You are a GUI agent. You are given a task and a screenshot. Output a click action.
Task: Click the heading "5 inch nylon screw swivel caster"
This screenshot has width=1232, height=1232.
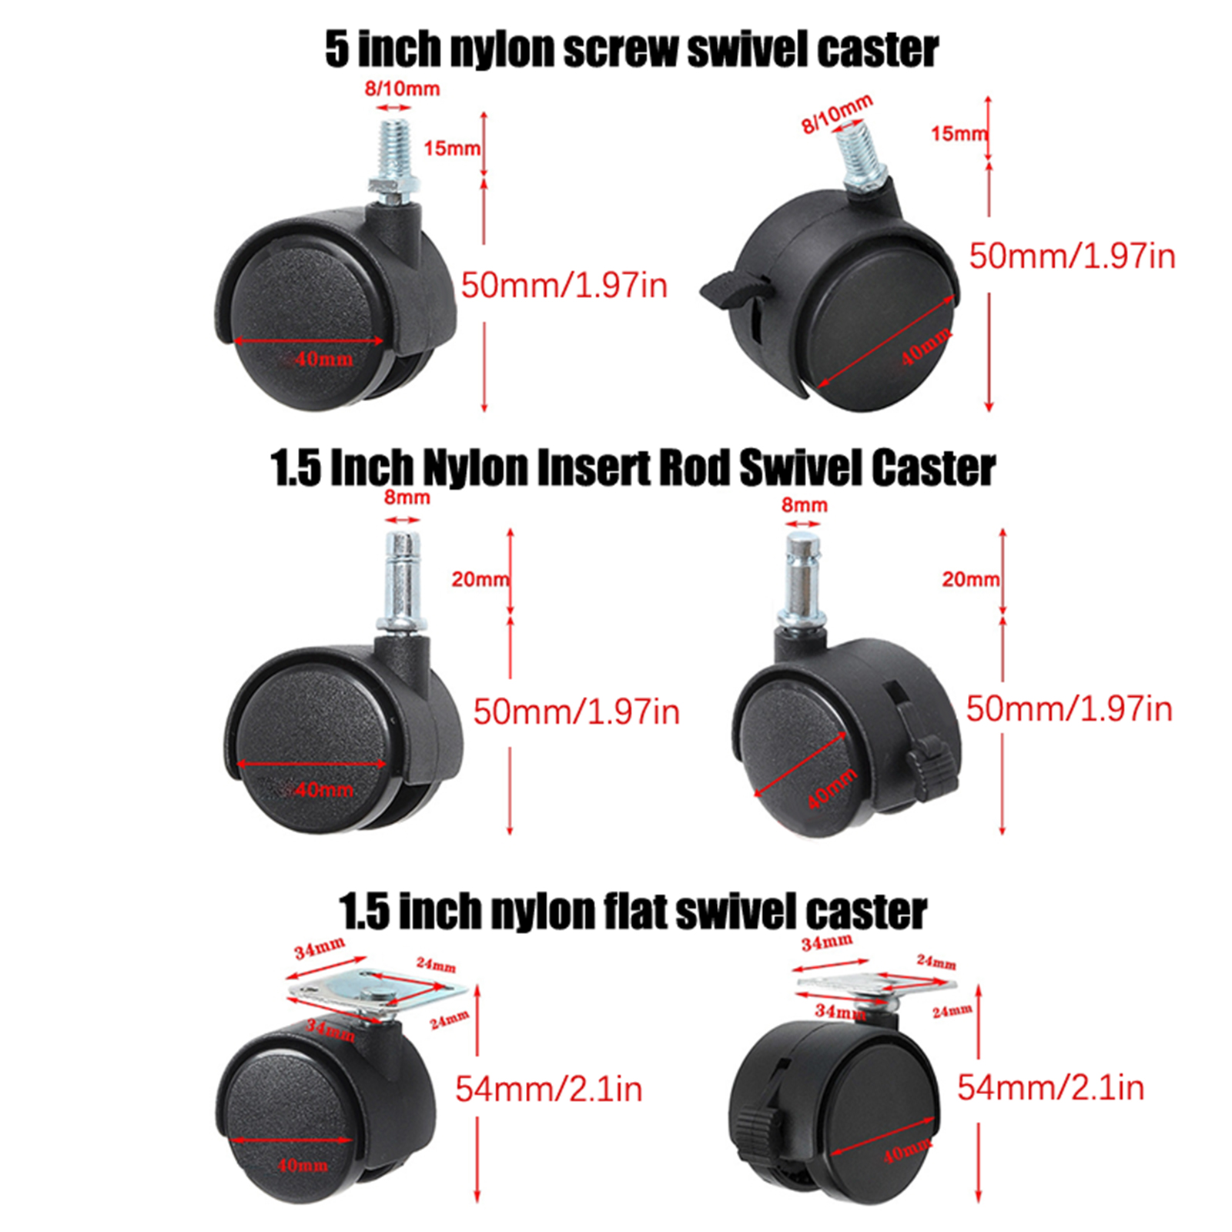(x=631, y=50)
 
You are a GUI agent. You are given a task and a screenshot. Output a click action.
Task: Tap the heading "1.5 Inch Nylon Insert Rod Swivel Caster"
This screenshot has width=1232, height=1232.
(x=633, y=467)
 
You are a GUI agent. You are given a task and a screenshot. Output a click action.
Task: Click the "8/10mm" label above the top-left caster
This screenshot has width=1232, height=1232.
(x=402, y=89)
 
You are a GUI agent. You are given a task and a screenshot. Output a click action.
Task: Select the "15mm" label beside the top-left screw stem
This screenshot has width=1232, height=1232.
(x=452, y=148)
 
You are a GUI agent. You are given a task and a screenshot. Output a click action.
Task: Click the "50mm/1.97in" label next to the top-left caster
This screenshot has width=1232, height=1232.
(x=564, y=286)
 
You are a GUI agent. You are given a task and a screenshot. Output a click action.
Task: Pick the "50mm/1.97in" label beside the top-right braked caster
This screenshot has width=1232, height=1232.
(x=1072, y=256)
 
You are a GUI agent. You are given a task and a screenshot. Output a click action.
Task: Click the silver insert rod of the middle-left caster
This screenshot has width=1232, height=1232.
(x=403, y=581)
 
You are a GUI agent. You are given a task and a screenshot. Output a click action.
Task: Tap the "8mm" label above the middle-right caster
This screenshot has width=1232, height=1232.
(x=805, y=505)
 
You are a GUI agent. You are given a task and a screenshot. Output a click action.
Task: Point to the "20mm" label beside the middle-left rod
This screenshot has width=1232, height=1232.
(x=480, y=579)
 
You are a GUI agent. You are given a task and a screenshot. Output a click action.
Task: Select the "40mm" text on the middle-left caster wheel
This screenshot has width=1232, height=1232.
(x=323, y=790)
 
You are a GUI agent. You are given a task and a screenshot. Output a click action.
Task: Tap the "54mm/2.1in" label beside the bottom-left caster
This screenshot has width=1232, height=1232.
(x=548, y=1089)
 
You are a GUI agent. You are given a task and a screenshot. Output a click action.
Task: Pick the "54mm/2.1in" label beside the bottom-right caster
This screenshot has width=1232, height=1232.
(x=1050, y=1087)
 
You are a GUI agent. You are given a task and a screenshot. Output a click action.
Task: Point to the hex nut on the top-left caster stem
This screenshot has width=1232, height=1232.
(x=393, y=185)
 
